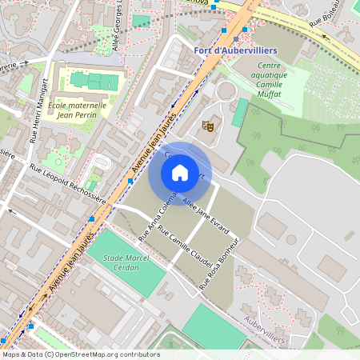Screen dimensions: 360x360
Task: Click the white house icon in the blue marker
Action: (x=180, y=172)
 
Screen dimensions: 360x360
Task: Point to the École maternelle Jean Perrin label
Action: (x=77, y=110)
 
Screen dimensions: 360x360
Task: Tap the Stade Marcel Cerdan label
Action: (x=114, y=262)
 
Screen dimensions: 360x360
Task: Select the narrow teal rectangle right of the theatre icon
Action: (x=240, y=112)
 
